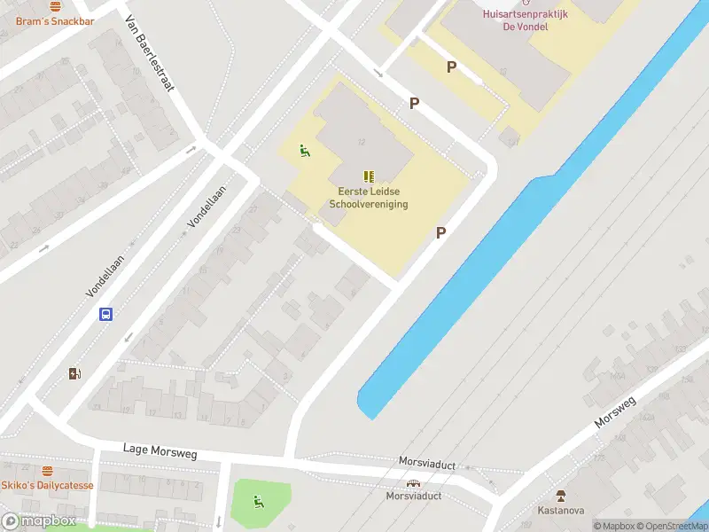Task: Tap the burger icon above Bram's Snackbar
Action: pyautogui.click(x=56, y=5)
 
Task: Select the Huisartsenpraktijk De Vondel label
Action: pyautogui.click(x=526, y=20)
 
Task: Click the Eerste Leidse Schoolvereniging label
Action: pyautogui.click(x=368, y=197)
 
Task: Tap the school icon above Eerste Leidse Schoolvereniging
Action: pyautogui.click(x=369, y=176)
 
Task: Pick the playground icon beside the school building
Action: pyautogui.click(x=305, y=151)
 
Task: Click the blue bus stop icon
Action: pyautogui.click(x=105, y=314)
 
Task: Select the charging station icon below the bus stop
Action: pyautogui.click(x=74, y=373)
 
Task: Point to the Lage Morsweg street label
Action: pyautogui.click(x=160, y=451)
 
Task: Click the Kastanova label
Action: pyautogui.click(x=560, y=510)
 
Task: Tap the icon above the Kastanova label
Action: pyautogui.click(x=560, y=495)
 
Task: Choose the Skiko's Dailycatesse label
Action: pyautogui.click(x=47, y=485)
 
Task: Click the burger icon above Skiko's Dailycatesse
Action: pyautogui.click(x=47, y=471)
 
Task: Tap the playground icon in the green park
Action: pyautogui.click(x=259, y=502)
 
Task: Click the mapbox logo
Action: pyautogui.click(x=39, y=521)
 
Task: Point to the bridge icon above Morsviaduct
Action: pyautogui.click(x=412, y=483)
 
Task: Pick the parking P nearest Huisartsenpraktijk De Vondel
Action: pyautogui.click(x=451, y=67)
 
